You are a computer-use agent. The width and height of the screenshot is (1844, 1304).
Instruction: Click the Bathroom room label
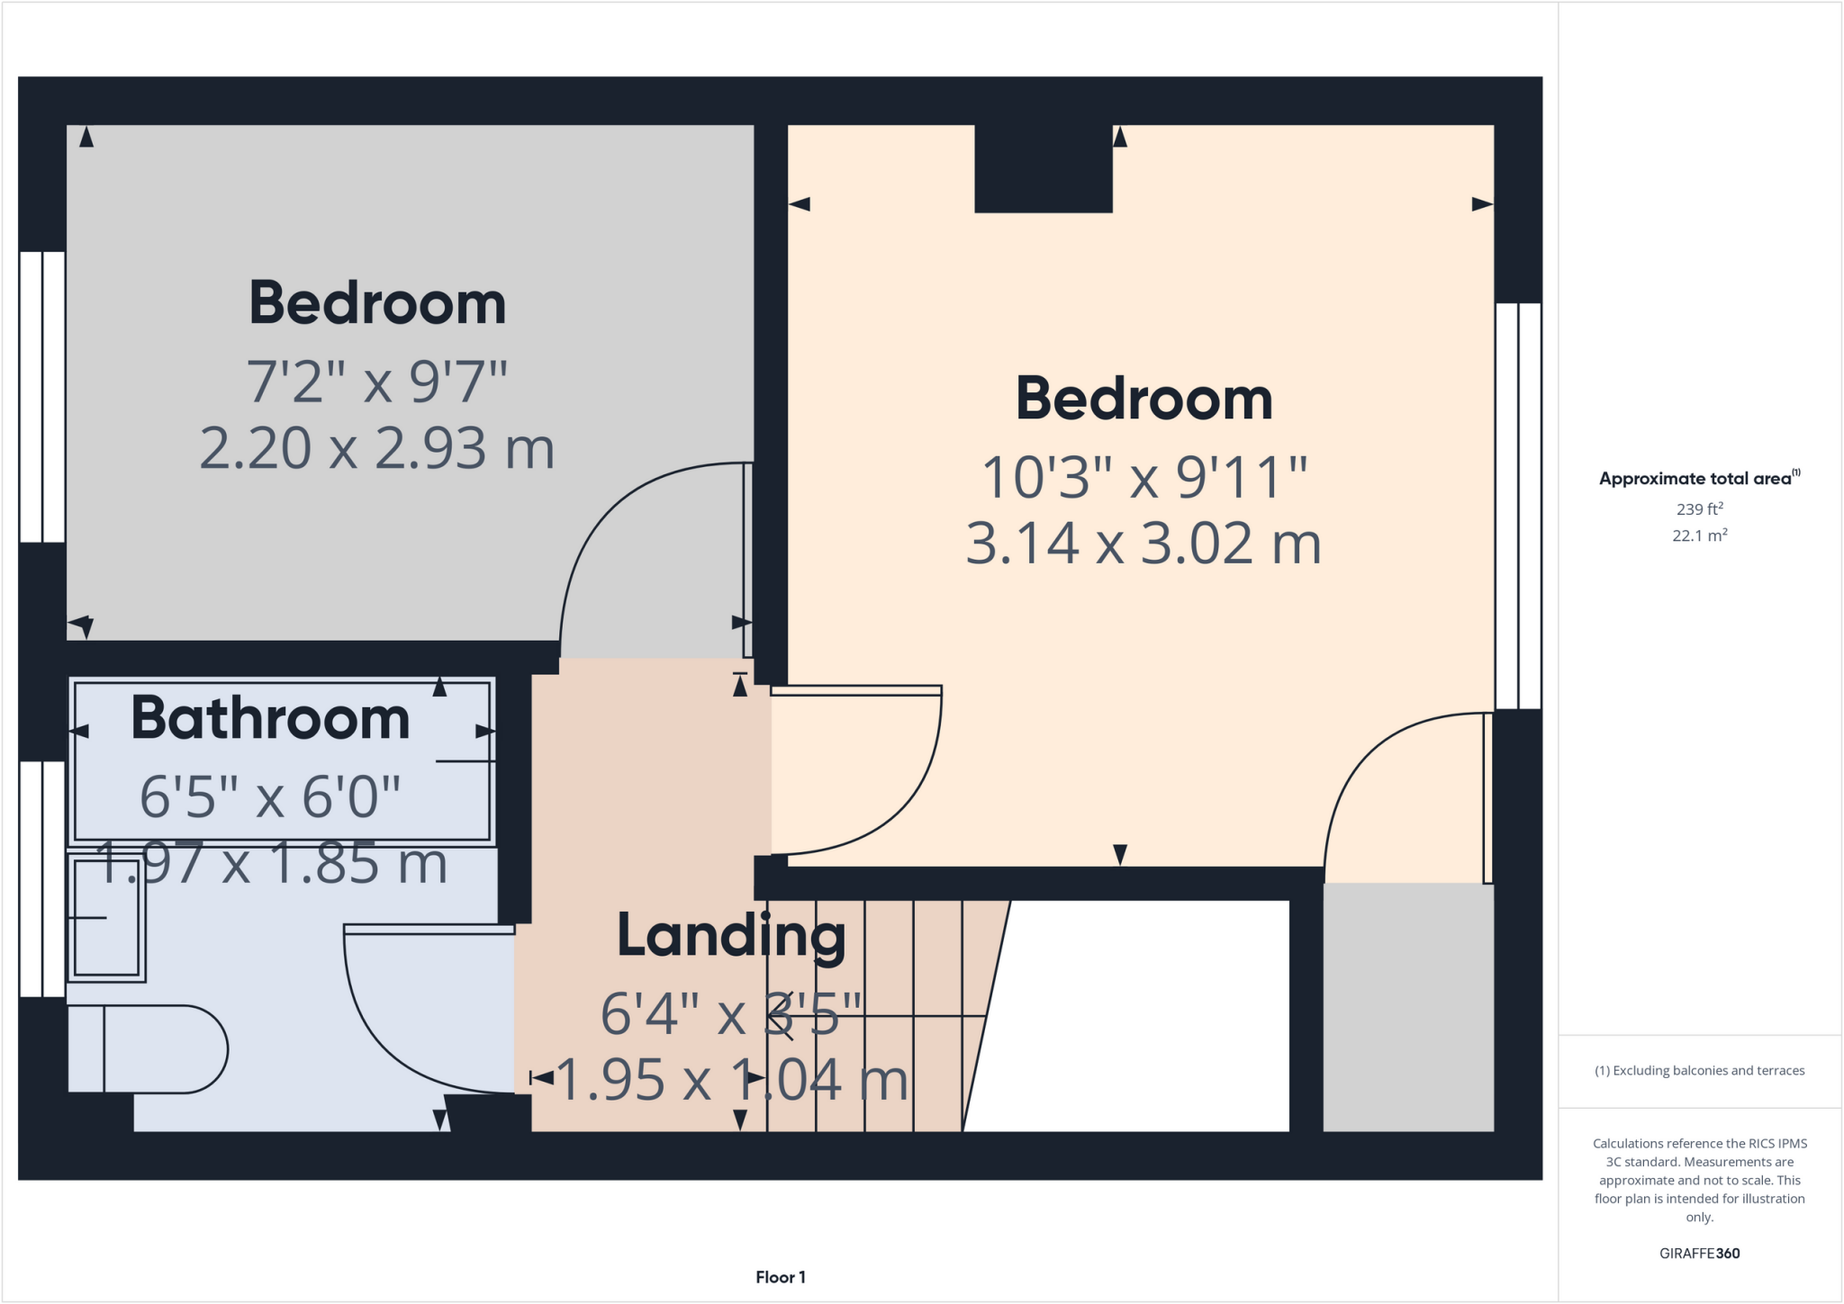pyautogui.click(x=270, y=719)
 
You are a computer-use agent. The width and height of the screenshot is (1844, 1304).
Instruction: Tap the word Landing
pyautogui.click(x=731, y=936)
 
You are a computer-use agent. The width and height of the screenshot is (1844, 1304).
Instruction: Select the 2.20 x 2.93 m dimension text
pyautogui.click(x=376, y=448)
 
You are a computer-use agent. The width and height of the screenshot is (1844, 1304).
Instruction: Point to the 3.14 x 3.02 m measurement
pyautogui.click(x=1143, y=544)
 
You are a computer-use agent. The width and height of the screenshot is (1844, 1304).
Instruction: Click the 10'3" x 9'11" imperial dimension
pyautogui.click(x=1143, y=477)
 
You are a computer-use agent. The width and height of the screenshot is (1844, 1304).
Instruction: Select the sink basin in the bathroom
pyautogui.click(x=106, y=917)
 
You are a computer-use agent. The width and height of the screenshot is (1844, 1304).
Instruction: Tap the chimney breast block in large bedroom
pyautogui.click(x=1044, y=168)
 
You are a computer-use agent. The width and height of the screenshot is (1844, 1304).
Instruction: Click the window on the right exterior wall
pyautogui.click(x=1518, y=506)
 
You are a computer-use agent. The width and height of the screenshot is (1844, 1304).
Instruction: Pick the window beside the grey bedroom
pyautogui.click(x=42, y=397)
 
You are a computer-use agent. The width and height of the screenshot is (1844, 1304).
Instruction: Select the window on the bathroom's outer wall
pyautogui.click(x=42, y=878)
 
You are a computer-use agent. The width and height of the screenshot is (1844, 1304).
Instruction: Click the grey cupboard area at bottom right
pyautogui.click(x=1408, y=1007)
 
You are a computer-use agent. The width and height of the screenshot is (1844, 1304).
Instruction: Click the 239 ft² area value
pyautogui.click(x=1699, y=509)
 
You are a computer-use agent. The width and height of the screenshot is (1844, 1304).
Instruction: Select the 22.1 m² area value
pyautogui.click(x=1699, y=535)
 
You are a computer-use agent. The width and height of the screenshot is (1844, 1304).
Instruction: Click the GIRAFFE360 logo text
pyautogui.click(x=1699, y=1254)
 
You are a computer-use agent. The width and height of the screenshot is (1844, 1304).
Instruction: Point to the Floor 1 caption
pyautogui.click(x=780, y=1277)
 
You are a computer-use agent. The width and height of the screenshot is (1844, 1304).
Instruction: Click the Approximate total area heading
pyautogui.click(x=1697, y=479)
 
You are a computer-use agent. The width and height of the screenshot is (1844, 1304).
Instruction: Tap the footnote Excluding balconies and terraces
pyautogui.click(x=1699, y=1071)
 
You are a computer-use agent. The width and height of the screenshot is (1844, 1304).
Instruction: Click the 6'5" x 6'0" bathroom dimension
pyautogui.click(x=270, y=797)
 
